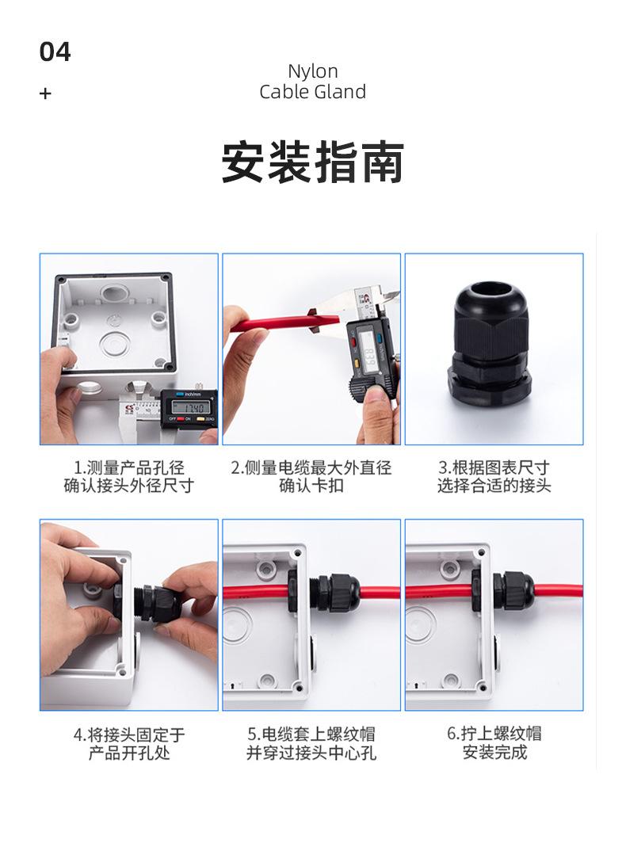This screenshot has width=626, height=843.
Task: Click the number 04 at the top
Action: pos(55,51)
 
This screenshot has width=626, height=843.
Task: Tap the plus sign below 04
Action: pos(45,93)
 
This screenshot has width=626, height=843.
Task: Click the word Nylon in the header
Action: pos(313,71)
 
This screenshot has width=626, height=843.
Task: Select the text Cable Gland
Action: pos(312,91)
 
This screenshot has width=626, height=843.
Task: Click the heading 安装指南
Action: pos(313,162)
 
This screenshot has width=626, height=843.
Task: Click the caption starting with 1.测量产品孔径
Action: pos(129,476)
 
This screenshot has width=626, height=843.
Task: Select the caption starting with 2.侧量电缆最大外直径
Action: pos(311,476)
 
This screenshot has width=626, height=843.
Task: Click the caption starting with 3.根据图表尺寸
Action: pos(494,476)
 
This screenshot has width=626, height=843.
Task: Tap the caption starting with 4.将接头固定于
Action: pos(129,743)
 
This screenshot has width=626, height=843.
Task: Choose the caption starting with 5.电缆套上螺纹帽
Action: pos(311,743)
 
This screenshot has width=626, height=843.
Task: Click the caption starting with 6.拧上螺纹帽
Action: pos(494,743)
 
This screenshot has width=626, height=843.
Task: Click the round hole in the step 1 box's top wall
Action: pos(113,293)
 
